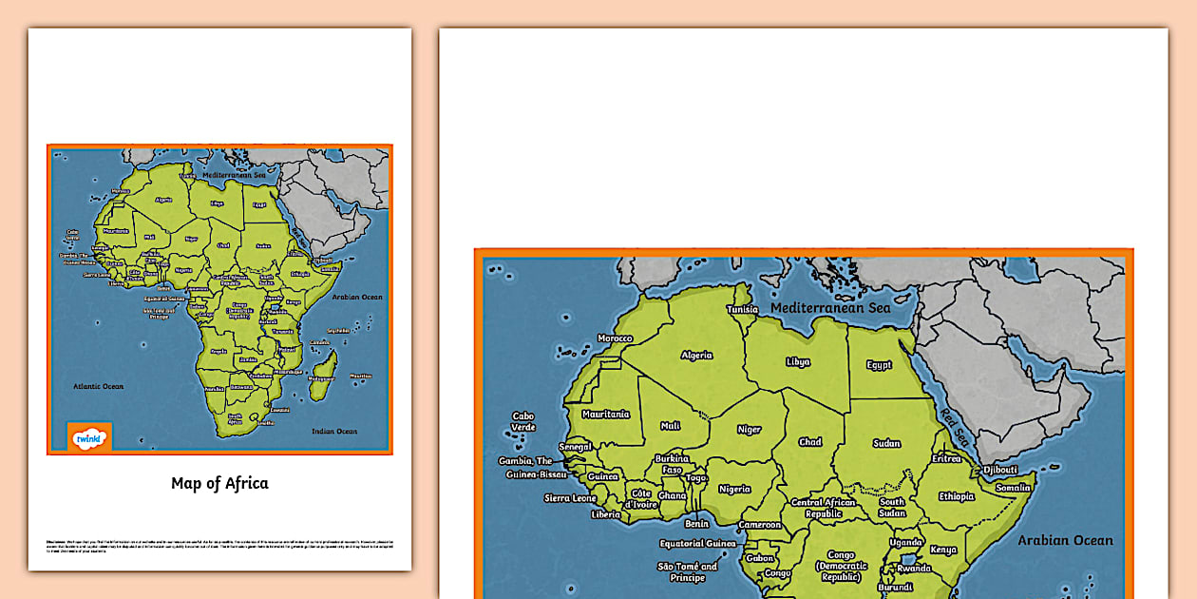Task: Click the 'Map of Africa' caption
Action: click(219, 483)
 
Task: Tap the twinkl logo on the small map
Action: click(89, 437)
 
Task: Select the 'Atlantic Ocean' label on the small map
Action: click(100, 386)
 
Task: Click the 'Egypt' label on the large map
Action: click(879, 365)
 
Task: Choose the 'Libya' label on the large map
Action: click(798, 361)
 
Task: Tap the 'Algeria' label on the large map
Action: click(696, 355)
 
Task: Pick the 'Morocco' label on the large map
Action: click(615, 338)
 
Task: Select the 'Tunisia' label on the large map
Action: click(742, 309)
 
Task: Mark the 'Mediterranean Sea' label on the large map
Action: click(830, 308)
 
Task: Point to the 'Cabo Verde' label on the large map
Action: click(523, 421)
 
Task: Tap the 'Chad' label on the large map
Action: click(810, 442)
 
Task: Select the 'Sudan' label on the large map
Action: click(886, 443)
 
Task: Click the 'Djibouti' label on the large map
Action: click(999, 470)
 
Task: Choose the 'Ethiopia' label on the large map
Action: click(957, 496)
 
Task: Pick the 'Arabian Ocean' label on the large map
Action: click(1065, 540)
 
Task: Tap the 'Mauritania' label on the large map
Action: click(605, 415)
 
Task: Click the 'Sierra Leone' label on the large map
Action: click(570, 498)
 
